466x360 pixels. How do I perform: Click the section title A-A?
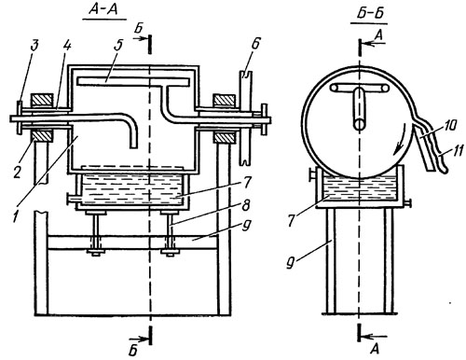point(103,9)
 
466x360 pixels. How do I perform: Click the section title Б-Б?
point(371,14)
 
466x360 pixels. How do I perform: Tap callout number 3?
point(34,46)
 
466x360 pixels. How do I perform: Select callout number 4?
point(67,46)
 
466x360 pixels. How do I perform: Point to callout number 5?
point(117,46)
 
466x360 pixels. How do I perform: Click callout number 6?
point(254,44)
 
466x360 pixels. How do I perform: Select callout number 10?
point(449,126)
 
